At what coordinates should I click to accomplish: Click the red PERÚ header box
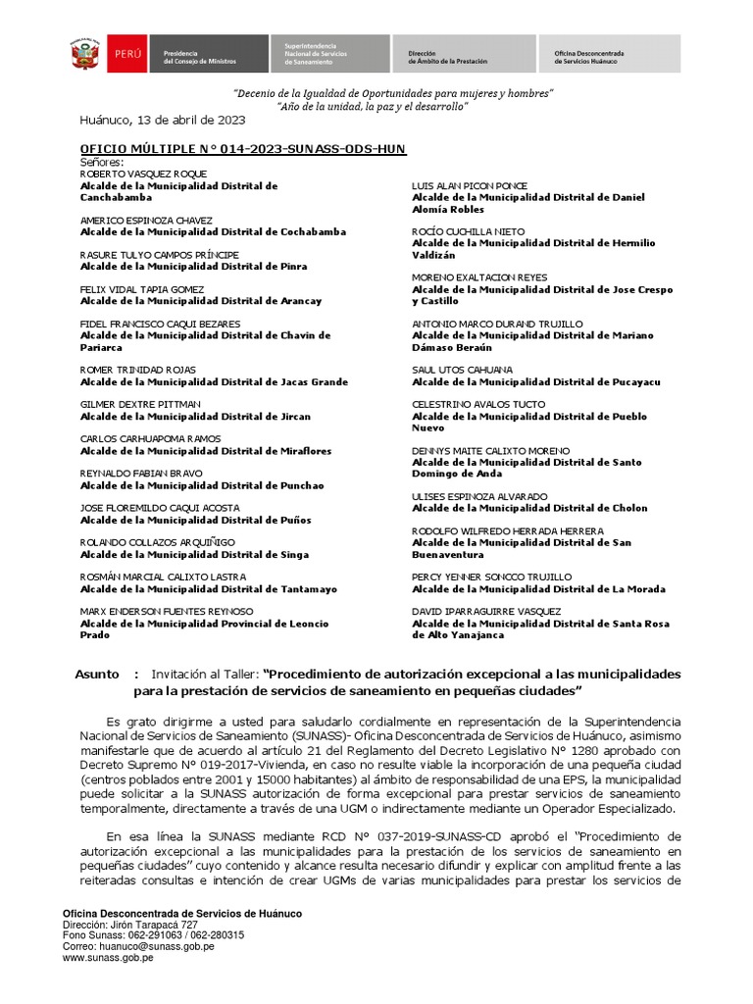pos(130,54)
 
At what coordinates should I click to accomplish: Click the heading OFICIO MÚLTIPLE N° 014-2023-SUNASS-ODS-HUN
pos(242,148)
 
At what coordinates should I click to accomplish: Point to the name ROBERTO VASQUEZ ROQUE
pos(143,174)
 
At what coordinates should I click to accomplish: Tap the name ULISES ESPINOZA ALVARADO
pos(479,496)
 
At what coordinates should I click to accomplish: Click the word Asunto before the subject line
pos(97,675)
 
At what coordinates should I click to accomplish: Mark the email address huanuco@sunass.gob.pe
pos(138,946)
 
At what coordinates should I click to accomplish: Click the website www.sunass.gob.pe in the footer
pos(108,958)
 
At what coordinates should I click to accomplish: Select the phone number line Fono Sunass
pos(153,935)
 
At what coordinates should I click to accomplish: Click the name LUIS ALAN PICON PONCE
pos(470,185)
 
